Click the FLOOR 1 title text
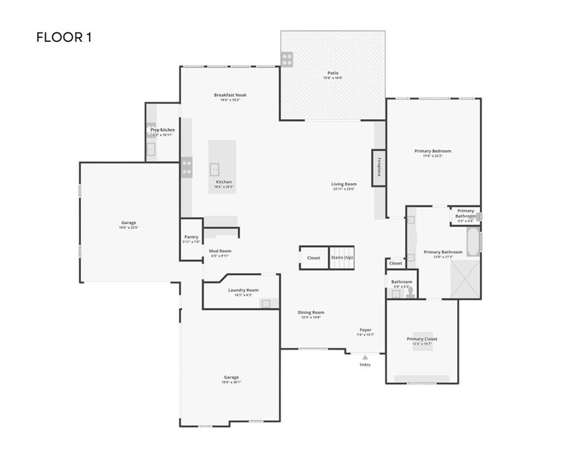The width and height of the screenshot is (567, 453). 64,38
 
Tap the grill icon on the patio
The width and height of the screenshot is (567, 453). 287,58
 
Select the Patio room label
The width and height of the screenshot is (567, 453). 333,73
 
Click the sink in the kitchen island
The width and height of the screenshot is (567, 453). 215,170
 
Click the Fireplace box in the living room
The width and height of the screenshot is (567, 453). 379,168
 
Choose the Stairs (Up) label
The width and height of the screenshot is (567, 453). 341,258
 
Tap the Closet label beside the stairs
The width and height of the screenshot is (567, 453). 314,258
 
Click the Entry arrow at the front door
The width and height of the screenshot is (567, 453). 365,357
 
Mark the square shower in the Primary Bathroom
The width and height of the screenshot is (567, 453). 465,278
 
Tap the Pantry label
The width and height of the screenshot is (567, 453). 191,237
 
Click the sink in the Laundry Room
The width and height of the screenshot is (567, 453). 267,304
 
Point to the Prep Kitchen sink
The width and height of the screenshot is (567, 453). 151,149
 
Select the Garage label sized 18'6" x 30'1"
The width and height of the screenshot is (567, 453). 231,377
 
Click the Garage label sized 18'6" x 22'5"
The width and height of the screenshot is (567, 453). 129,223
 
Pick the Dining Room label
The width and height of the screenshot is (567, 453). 311,313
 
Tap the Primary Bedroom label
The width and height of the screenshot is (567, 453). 432,151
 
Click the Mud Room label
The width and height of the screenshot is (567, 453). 220,251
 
